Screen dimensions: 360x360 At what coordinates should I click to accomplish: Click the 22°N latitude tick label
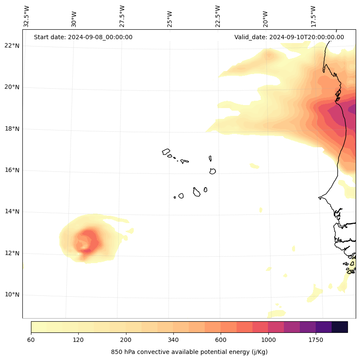click(x=12, y=46)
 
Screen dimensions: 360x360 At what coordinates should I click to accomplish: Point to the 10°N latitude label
click(x=12, y=295)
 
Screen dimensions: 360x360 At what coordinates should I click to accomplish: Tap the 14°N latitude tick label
click(x=12, y=211)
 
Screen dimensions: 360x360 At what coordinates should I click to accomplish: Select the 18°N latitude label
click(x=12, y=129)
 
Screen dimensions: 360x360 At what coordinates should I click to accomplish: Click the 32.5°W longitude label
click(x=27, y=16)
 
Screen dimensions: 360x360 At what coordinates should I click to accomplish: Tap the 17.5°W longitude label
click(x=314, y=16)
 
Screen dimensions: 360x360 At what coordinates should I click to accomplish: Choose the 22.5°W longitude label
click(x=218, y=16)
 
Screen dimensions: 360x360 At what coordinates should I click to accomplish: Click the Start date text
click(x=83, y=37)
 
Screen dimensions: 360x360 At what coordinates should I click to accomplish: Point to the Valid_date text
click(x=289, y=37)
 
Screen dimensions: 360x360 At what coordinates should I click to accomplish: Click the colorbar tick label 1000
click(x=268, y=340)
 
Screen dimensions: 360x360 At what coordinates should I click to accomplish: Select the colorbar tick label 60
click(x=31, y=340)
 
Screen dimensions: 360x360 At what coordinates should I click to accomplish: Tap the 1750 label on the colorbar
click(x=316, y=340)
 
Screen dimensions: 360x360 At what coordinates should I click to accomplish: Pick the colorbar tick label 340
click(x=173, y=340)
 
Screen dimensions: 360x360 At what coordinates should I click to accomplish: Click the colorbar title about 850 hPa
click(x=189, y=352)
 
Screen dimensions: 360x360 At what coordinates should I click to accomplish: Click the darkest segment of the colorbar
click(x=340, y=327)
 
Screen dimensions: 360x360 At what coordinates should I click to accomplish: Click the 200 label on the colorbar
click(x=126, y=340)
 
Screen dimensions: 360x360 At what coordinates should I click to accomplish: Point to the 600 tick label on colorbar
click(x=221, y=340)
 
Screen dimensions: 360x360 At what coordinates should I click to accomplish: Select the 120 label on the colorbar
click(x=78, y=340)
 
